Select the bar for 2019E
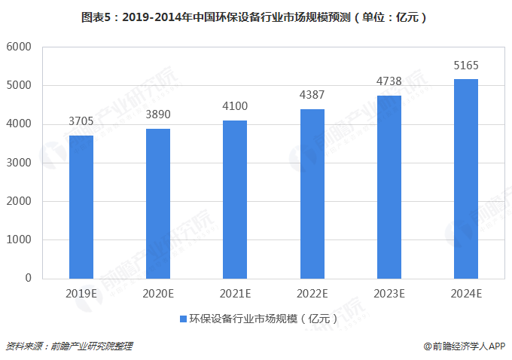pyautogui.click(x=81, y=206)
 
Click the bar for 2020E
pyautogui.click(x=157, y=203)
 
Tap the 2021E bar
pyautogui.click(x=235, y=199)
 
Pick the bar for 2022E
pyautogui.click(x=312, y=194)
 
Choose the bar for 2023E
pyautogui.click(x=389, y=187)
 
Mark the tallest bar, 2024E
pyautogui.click(x=466, y=178)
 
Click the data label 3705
pyautogui.click(x=81, y=121)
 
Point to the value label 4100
pyautogui.click(x=235, y=106)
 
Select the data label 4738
pyautogui.click(x=389, y=81)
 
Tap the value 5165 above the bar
pyautogui.click(x=466, y=66)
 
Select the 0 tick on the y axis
pyautogui.click(x=28, y=278)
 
